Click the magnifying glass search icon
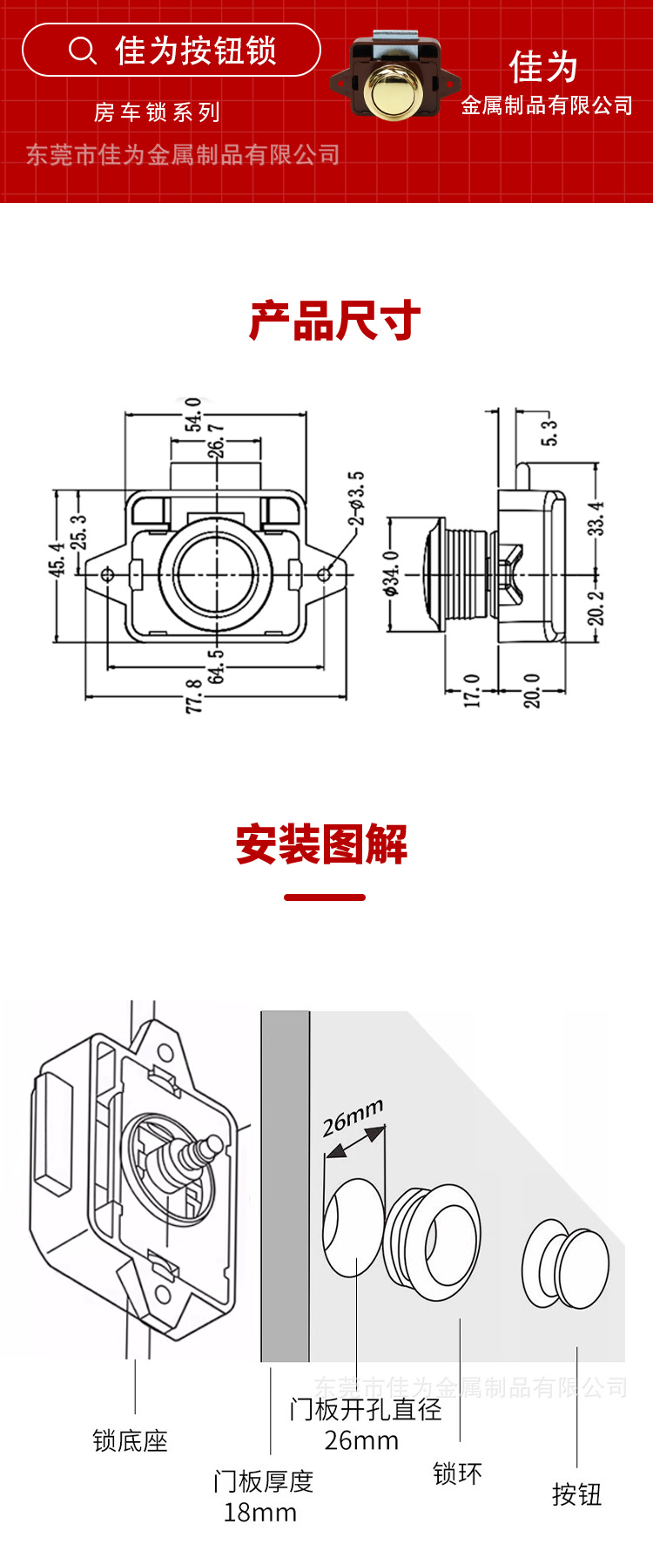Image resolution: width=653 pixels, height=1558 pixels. [x=82, y=51]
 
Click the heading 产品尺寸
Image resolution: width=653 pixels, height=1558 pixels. [x=335, y=322]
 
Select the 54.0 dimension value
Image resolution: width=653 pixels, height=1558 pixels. [x=193, y=414]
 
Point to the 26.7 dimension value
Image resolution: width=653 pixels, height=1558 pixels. [x=216, y=441]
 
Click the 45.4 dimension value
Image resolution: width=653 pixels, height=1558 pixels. [x=57, y=559]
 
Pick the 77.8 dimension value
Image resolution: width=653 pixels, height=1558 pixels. [x=194, y=696]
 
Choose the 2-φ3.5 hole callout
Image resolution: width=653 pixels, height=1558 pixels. [x=356, y=499]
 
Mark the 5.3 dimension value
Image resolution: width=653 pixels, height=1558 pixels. [x=549, y=433]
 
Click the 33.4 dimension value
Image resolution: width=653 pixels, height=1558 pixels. [x=596, y=518]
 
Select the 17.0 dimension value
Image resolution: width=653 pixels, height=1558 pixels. [x=472, y=690]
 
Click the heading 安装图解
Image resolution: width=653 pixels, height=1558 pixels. [x=322, y=844]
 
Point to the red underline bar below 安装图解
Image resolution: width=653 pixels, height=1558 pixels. [x=325, y=897]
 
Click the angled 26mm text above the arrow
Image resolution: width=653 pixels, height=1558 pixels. [x=353, y=1117]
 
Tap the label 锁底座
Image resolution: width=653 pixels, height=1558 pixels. [x=131, y=1440]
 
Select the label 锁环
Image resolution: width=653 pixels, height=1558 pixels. [x=457, y=1473]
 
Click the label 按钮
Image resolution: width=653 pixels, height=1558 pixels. [x=577, y=1494]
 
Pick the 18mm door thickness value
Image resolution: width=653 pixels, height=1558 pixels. [x=260, y=1512]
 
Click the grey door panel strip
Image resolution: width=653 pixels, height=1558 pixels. [x=286, y=1185]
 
